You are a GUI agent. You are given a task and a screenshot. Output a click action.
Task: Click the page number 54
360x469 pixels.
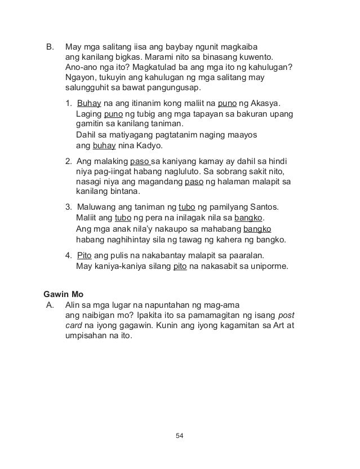coord(180,435)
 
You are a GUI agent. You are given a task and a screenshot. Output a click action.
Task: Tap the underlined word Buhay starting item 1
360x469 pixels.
coord(87,104)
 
